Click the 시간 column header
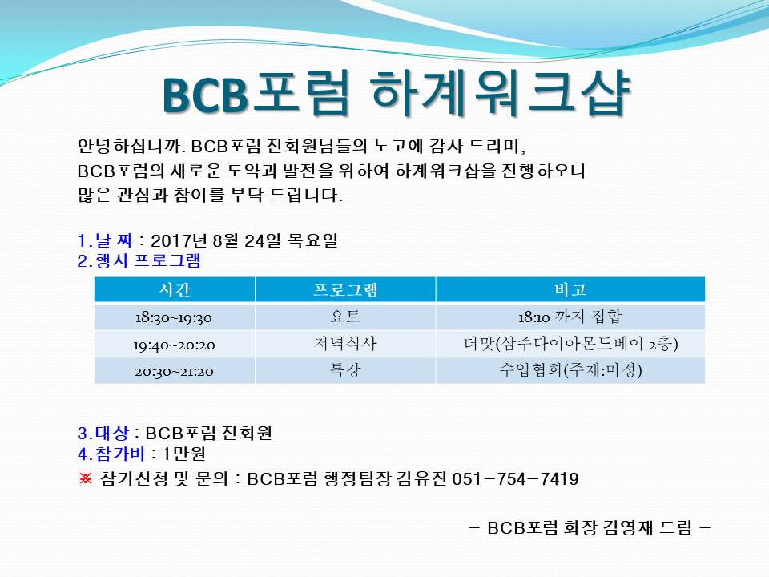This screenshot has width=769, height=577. [175, 289]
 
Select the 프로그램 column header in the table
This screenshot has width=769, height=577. [345, 290]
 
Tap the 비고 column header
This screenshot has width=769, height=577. [570, 289]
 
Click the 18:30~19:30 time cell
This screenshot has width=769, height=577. [174, 317]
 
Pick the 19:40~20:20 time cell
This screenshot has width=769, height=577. [174, 345]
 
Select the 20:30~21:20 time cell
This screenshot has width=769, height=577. [174, 371]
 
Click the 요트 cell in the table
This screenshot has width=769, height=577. [345, 317]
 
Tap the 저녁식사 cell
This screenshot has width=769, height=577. [345, 343]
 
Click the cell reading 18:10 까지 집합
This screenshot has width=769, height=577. [570, 317]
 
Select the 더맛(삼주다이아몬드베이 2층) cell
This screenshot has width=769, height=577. [570, 344]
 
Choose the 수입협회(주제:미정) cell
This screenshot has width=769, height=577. [570, 370]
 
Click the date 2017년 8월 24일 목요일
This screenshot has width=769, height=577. [244, 240]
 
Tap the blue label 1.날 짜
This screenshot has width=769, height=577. [105, 240]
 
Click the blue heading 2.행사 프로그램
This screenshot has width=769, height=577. [139, 260]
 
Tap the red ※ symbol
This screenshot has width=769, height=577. [86, 478]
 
